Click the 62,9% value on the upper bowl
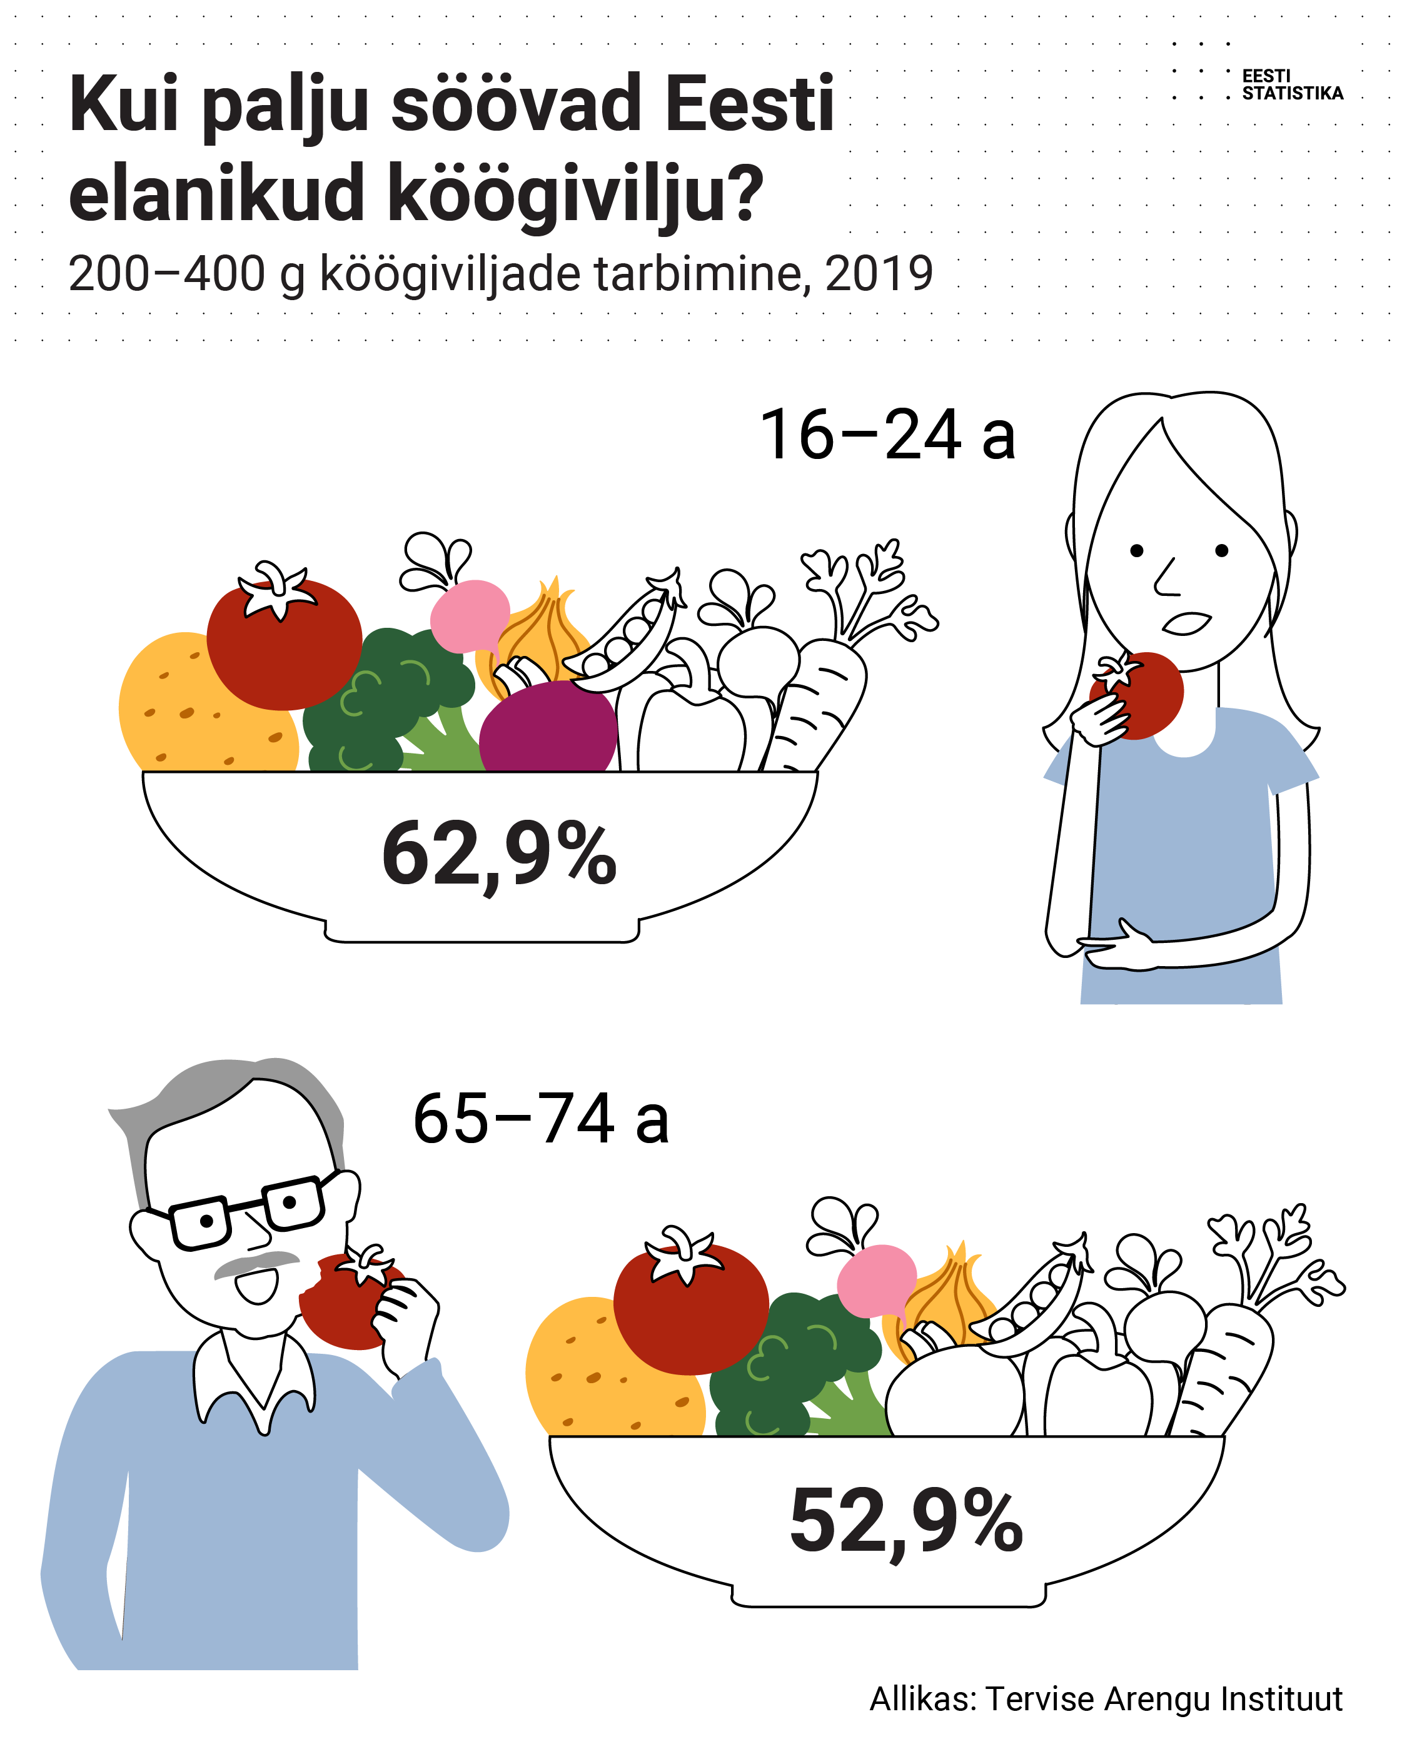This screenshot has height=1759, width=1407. (498, 855)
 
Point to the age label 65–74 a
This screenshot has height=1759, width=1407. (540, 1119)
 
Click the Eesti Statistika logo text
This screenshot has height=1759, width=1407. (1291, 85)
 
